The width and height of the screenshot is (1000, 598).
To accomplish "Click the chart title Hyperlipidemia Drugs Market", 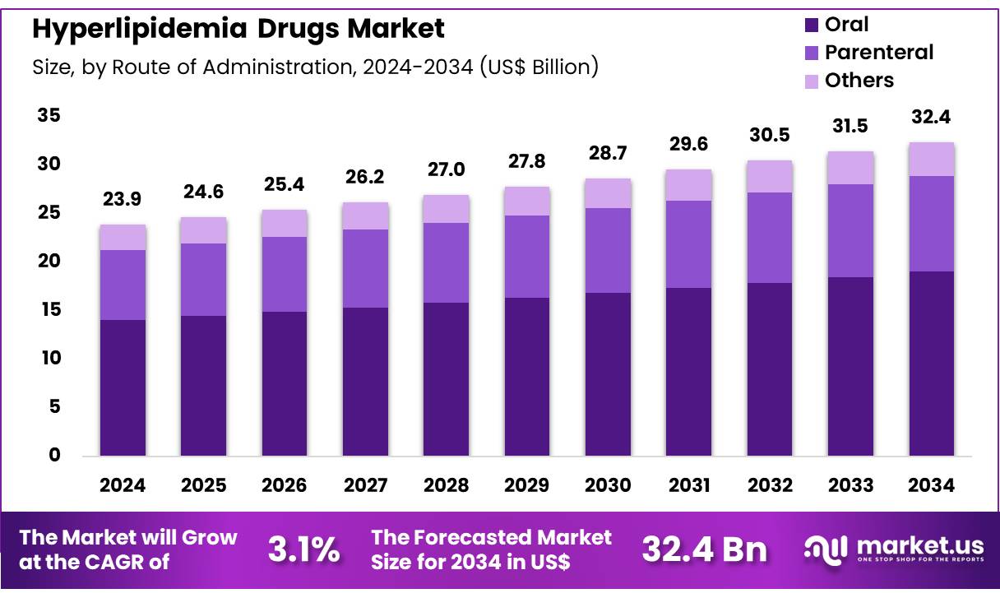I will (238, 29).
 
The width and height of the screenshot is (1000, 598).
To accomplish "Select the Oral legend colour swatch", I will (811, 25).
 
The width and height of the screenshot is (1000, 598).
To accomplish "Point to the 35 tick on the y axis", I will (49, 116).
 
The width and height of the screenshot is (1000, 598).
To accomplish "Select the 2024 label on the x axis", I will (123, 485).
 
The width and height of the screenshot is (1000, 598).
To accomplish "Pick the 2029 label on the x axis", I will (527, 485).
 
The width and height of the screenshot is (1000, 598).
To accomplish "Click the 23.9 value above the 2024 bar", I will (123, 200).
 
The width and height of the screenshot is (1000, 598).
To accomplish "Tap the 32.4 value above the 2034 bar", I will (932, 118).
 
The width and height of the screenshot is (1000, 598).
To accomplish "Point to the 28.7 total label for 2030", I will (609, 154).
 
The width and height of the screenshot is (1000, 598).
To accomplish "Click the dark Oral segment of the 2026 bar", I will (285, 383).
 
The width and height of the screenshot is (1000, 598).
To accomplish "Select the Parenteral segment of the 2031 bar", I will (689, 244).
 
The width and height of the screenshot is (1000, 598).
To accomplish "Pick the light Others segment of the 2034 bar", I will (932, 159).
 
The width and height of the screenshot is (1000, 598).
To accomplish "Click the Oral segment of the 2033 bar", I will (851, 366).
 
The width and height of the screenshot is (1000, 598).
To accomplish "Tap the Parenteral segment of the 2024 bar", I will (123, 285).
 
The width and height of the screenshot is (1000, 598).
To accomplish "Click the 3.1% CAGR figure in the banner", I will (303, 550).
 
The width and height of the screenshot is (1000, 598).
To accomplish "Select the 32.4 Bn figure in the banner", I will (704, 550).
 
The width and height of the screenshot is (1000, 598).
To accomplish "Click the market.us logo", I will (893, 549).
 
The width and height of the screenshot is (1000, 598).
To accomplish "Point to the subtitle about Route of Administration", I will (315, 67).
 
